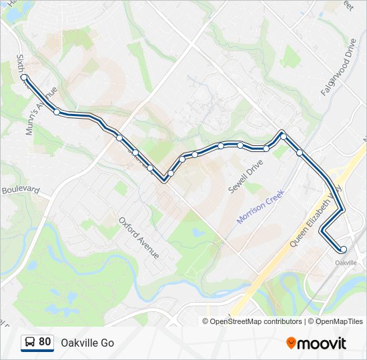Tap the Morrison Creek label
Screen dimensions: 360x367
click(x=262, y=206)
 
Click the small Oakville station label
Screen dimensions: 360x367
click(x=346, y=263)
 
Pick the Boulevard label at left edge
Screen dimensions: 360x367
click(x=21, y=189)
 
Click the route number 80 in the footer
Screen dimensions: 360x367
click(x=45, y=342)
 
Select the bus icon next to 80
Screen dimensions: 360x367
click(x=30, y=343)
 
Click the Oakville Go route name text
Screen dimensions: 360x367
click(x=87, y=343)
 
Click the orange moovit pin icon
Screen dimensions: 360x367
click(x=292, y=343)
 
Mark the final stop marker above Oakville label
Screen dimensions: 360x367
click(x=344, y=250)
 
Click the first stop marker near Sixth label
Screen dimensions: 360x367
click(x=24, y=77)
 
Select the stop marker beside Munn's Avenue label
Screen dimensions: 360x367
click(x=57, y=112)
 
